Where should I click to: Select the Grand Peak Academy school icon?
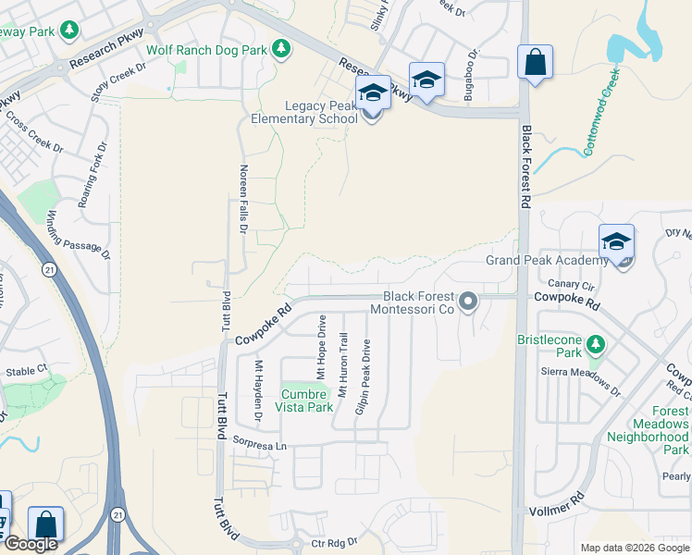[616, 242]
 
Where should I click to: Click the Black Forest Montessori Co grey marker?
[468, 302]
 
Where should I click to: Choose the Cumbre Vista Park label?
[306, 401]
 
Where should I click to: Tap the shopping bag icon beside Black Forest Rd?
[535, 63]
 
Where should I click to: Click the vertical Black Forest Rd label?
[525, 166]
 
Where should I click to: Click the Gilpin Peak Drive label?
[366, 376]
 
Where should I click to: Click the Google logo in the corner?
[31, 544]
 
